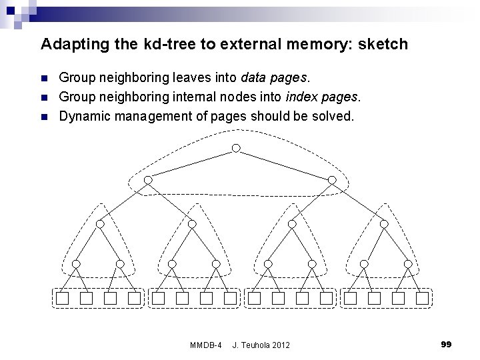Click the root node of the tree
click(x=235, y=147)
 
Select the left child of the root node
click(x=148, y=180)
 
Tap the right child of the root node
click(x=331, y=180)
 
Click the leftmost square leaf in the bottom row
click(x=62, y=299)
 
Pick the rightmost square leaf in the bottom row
click(x=422, y=299)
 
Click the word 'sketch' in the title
click(x=383, y=45)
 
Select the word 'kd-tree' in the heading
click(x=129, y=45)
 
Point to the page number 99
click(x=446, y=344)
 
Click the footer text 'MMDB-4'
click(x=206, y=345)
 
